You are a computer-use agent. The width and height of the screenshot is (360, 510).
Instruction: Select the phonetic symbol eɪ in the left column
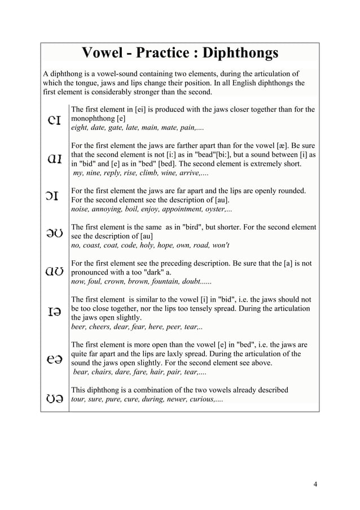click(55, 119)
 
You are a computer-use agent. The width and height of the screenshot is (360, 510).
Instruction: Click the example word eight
click(79, 129)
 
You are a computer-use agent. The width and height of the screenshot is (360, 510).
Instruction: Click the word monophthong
click(93, 120)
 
